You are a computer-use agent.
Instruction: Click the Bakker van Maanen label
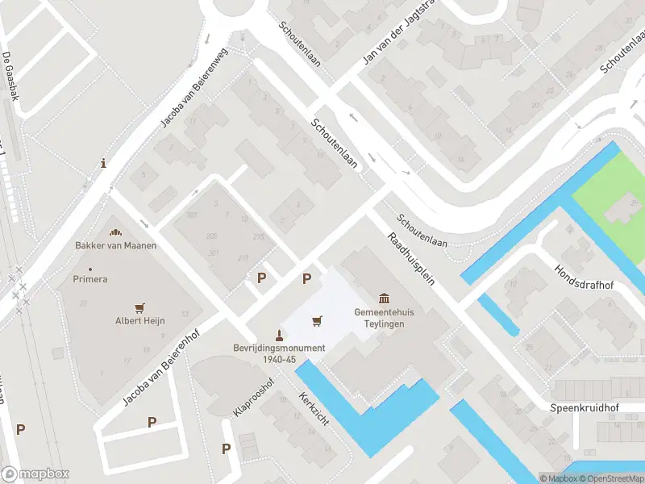(115, 245)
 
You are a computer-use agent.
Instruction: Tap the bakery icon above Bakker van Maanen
(114, 232)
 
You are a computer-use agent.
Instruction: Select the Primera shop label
(90, 279)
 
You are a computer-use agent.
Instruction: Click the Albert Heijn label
(139, 320)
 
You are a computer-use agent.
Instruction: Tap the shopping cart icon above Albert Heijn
(140, 307)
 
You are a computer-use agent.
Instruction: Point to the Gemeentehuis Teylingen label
(379, 318)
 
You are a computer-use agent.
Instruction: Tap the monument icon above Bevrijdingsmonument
(280, 336)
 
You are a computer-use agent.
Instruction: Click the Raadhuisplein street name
(410, 260)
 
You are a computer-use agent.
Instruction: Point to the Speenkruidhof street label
(585, 407)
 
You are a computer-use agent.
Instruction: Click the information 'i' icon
(103, 163)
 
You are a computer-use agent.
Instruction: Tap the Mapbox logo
(35, 474)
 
